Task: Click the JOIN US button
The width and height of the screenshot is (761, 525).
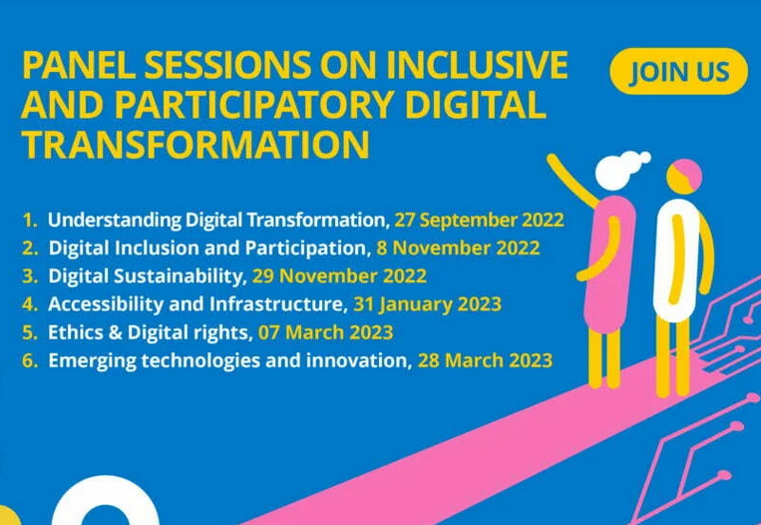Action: tap(678, 71)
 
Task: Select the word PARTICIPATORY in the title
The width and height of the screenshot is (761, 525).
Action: tap(254, 105)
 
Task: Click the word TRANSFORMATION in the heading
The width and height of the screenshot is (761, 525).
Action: tap(195, 145)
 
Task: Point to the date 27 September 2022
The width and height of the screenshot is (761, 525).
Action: tap(479, 220)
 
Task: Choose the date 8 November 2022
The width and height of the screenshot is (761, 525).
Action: tap(458, 249)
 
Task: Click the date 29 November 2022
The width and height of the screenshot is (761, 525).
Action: tap(339, 276)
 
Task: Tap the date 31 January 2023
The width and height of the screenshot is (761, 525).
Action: tap(427, 304)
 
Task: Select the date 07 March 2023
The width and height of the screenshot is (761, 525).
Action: tap(325, 332)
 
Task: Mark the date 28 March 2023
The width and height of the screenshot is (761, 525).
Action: tap(485, 361)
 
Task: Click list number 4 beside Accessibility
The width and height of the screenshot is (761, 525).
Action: tap(30, 304)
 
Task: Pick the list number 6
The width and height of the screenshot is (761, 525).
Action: tap(30, 361)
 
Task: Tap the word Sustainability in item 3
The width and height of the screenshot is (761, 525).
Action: tap(179, 276)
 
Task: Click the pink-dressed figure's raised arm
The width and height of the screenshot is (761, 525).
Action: tap(571, 181)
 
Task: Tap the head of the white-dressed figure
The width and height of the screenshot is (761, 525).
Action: tap(684, 177)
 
